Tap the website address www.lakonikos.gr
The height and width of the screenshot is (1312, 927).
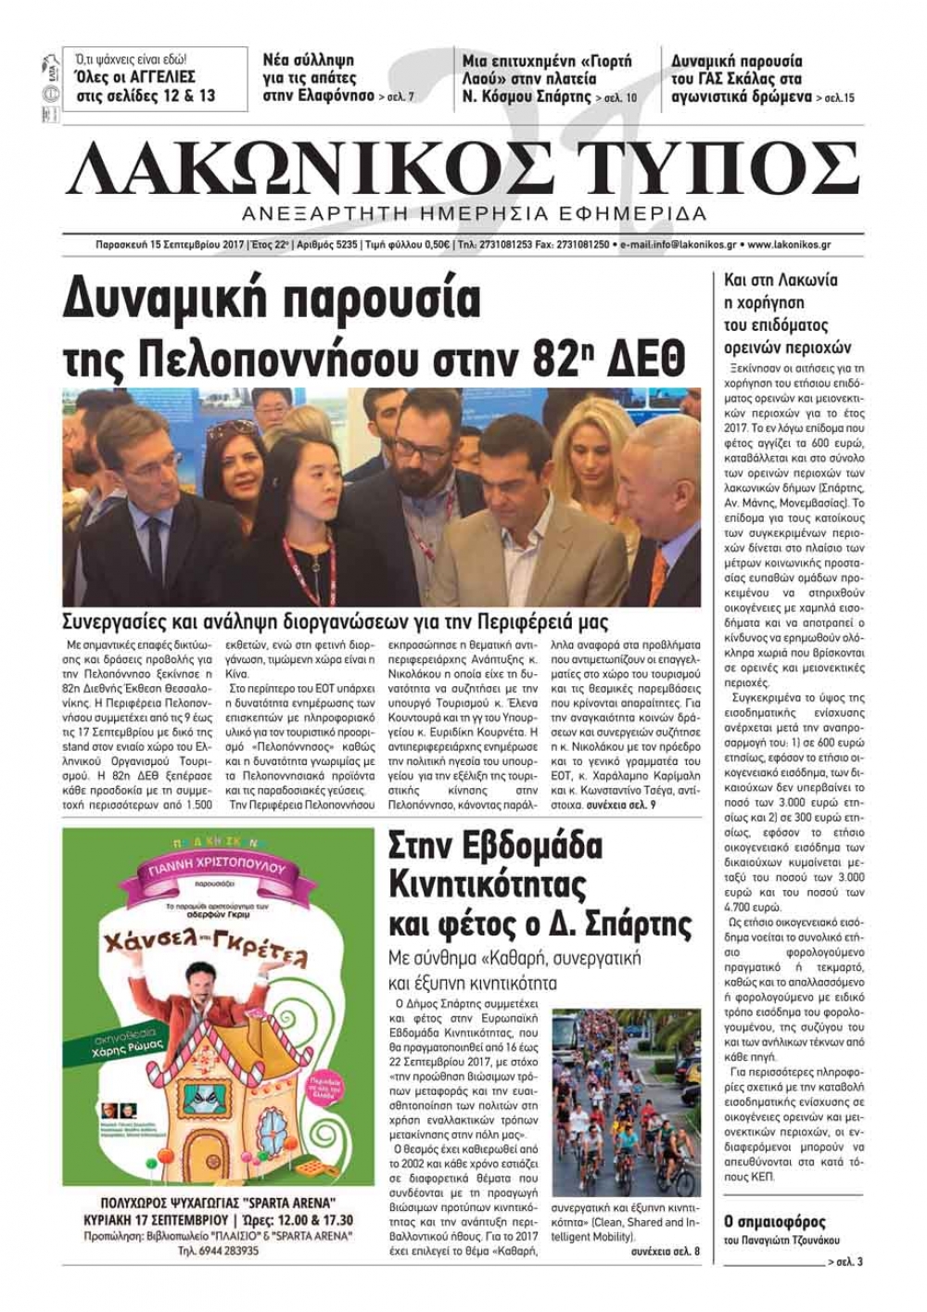click(x=788, y=245)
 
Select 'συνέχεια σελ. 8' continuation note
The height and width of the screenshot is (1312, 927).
click(x=666, y=1253)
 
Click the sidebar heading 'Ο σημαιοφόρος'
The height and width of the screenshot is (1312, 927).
click(x=774, y=1221)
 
